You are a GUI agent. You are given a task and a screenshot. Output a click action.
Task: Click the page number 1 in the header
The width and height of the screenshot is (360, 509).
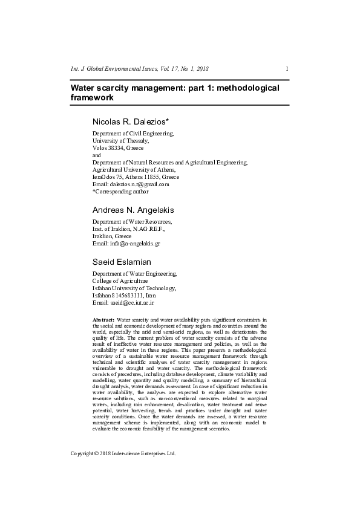(x=287, y=68)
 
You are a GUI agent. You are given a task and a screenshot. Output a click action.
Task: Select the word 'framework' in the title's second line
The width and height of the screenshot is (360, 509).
(x=92, y=97)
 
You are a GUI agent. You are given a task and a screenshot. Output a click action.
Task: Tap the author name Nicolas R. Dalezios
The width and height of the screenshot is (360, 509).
(x=134, y=122)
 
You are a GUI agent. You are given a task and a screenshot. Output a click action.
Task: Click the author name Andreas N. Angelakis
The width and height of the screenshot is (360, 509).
(x=133, y=210)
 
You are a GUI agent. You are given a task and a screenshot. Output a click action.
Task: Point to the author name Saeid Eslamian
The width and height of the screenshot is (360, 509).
(x=121, y=262)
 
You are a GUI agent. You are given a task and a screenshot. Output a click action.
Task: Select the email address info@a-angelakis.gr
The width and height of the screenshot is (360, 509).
(x=134, y=244)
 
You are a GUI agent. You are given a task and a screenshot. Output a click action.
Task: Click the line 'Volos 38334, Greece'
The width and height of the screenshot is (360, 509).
(x=118, y=148)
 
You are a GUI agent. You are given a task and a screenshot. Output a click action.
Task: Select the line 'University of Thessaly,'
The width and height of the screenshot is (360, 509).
(x=120, y=140)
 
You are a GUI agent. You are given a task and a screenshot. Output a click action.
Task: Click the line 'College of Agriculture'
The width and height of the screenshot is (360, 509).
(x=120, y=281)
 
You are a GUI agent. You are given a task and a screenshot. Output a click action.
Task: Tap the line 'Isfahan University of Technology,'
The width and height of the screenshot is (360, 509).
(x=134, y=288)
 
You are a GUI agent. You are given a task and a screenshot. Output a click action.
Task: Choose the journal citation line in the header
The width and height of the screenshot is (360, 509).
(x=140, y=68)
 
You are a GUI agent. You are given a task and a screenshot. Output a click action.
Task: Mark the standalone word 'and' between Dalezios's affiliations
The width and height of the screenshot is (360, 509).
(x=97, y=155)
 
